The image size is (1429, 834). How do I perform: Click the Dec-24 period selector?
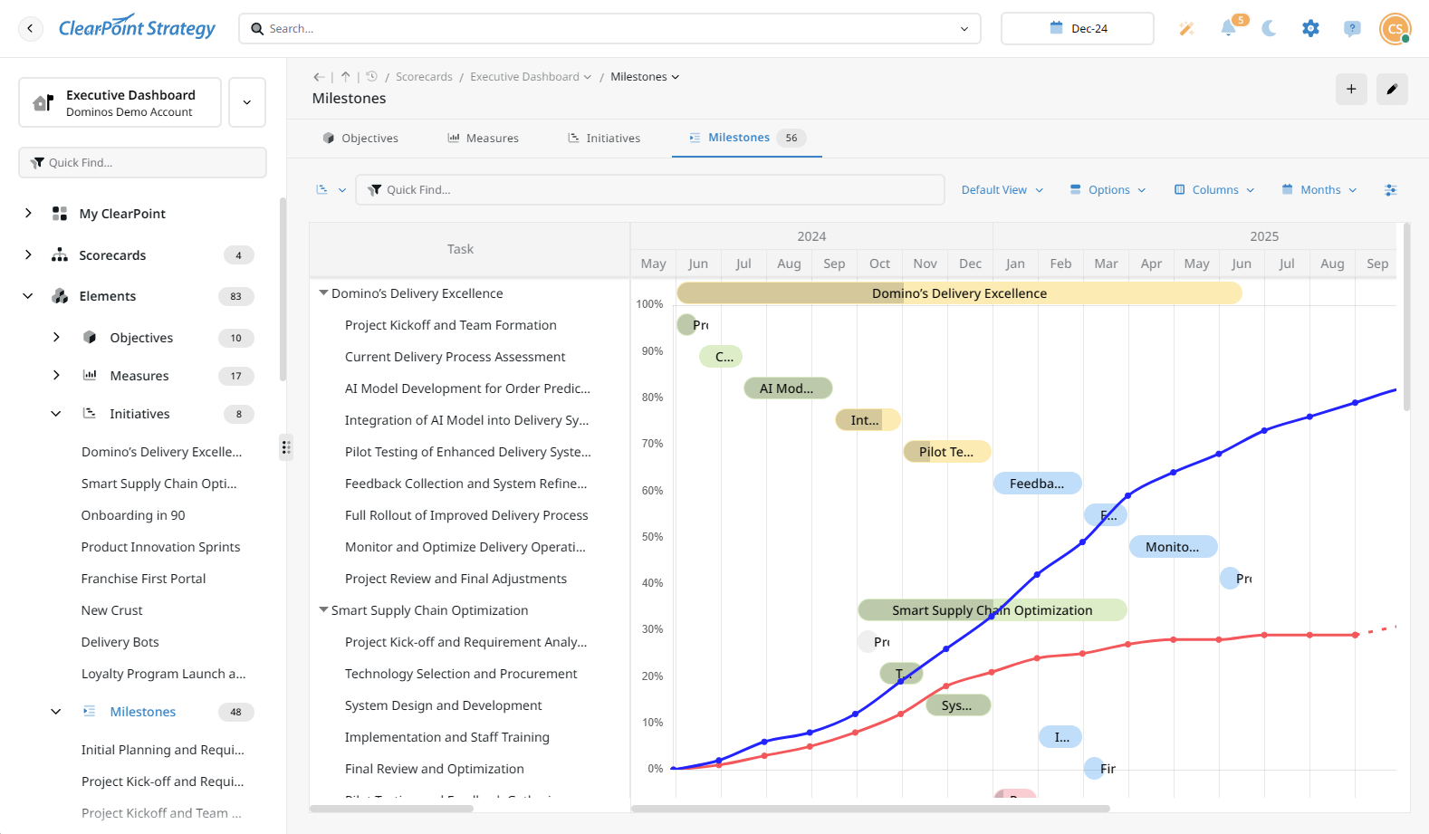coord(1077,28)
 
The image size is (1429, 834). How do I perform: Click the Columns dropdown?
coord(1214,190)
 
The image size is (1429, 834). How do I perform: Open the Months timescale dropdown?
coord(1319,190)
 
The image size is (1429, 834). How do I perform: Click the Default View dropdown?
coord(1002,190)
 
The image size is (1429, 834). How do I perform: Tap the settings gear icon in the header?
coord(1310,28)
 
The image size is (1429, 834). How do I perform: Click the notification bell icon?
coord(1228,28)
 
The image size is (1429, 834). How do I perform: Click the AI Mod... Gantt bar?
coord(787,388)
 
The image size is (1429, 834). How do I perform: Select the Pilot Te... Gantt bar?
coord(946,452)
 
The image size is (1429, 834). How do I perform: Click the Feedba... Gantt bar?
coord(1037,484)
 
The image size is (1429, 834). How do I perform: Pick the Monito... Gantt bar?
coord(1173,547)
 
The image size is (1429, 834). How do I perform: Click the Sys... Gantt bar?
coord(957,705)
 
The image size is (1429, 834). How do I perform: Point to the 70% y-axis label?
coord(652,444)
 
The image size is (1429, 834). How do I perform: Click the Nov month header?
coord(925,264)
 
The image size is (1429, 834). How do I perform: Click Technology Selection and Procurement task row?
coord(461,674)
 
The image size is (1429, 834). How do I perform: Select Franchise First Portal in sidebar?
coord(143,579)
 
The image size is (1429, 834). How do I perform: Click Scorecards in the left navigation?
coord(112,255)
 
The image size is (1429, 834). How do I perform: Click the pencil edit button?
coord(1392,89)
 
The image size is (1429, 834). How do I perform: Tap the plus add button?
coord(1351,89)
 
